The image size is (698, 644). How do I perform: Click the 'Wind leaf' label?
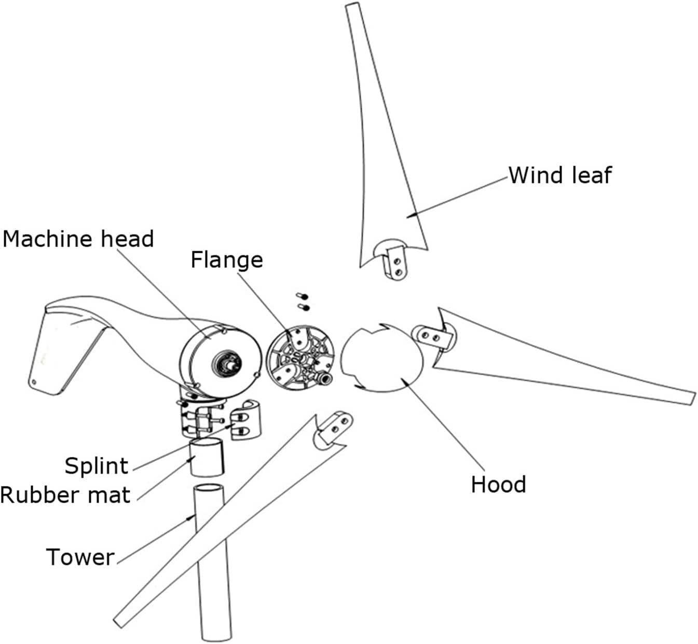pyautogui.click(x=559, y=175)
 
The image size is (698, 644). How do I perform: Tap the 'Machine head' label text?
pyautogui.click(x=78, y=239)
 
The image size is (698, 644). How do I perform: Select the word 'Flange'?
pyautogui.click(x=226, y=260)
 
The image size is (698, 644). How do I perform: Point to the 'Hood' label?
pyautogui.click(x=498, y=484)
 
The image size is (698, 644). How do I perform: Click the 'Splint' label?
pyautogui.click(x=96, y=465)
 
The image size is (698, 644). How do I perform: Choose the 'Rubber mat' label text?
pyautogui.click(x=65, y=495)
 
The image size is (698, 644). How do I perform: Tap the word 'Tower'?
pyautogui.click(x=80, y=557)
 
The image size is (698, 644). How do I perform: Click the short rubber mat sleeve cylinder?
pyautogui.click(x=207, y=457)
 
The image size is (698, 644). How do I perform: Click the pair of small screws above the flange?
pyautogui.click(x=303, y=302)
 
